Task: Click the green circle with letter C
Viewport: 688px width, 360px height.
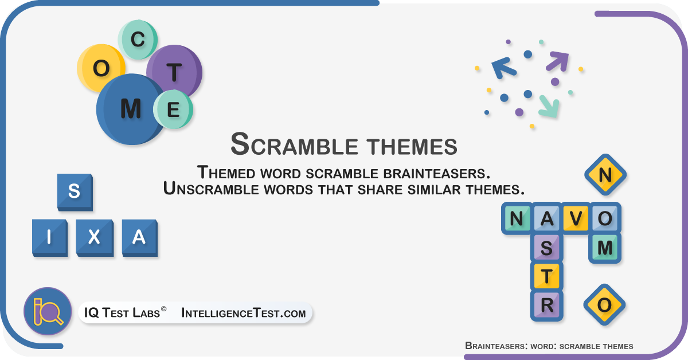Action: pyautogui.click(x=138, y=40)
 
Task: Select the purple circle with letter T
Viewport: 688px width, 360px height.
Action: pyautogui.click(x=174, y=72)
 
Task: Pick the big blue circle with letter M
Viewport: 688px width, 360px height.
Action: pyautogui.click(x=131, y=109)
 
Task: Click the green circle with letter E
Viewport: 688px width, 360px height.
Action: pyautogui.click(x=173, y=109)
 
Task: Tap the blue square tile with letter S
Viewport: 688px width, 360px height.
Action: pyautogui.click(x=75, y=192)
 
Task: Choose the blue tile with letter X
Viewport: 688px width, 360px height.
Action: pyautogui.click(x=95, y=238)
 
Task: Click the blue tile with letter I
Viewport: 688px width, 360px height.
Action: pyautogui.click(x=50, y=238)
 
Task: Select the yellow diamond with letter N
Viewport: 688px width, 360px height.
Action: pyautogui.click(x=605, y=175)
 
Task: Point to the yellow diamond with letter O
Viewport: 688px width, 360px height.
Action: pyautogui.click(x=604, y=305)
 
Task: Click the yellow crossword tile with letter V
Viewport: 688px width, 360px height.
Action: pyautogui.click(x=576, y=218)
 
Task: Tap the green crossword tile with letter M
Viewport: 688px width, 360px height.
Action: pyautogui.click(x=605, y=248)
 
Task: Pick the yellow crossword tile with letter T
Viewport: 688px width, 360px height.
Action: pyautogui.click(x=547, y=276)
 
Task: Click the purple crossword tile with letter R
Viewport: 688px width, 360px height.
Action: pyautogui.click(x=547, y=306)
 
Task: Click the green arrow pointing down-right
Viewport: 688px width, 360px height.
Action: pyautogui.click(x=549, y=106)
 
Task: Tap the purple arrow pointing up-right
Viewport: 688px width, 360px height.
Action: pyautogui.click(x=557, y=61)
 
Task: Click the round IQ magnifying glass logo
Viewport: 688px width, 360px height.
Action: pyautogui.click(x=48, y=311)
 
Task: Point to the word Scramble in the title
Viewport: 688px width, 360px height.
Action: pyautogui.click(x=294, y=144)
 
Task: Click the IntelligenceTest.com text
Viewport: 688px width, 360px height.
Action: pyautogui.click(x=244, y=313)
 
